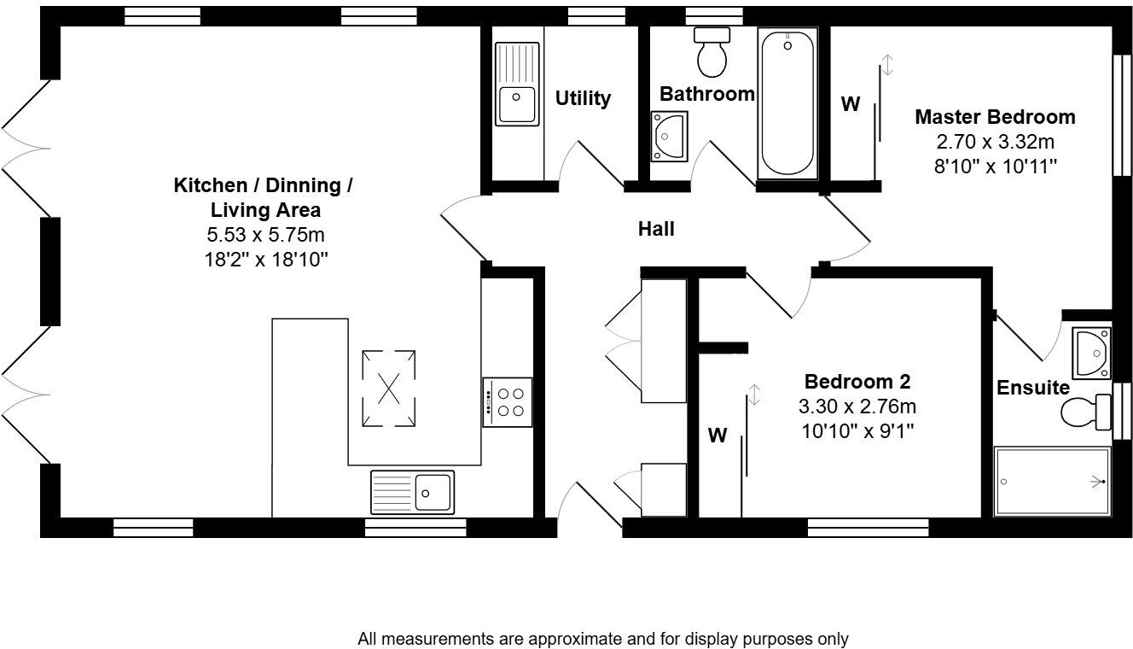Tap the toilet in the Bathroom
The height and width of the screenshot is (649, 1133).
coord(712,53)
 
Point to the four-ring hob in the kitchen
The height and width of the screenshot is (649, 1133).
coord(507,402)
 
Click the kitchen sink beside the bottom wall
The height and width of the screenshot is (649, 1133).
coord(412,492)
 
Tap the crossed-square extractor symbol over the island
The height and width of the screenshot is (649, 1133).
coord(389,389)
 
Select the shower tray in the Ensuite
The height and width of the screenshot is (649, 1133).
coord(1052,482)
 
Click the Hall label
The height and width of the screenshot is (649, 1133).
coord(656,229)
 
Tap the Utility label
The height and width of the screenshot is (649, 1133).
coord(583,98)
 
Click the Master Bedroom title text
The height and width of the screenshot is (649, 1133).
coord(995,116)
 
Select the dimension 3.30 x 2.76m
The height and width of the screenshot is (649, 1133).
coord(858,406)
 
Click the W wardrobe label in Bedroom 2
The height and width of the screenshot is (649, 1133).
coord(718,436)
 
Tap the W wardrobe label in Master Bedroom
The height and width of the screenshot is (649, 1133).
coord(851,104)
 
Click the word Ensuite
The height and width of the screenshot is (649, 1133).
coord(1033,388)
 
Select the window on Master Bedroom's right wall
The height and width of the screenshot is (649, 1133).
coord(1118,116)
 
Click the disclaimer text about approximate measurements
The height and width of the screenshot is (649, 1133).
coord(603,639)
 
